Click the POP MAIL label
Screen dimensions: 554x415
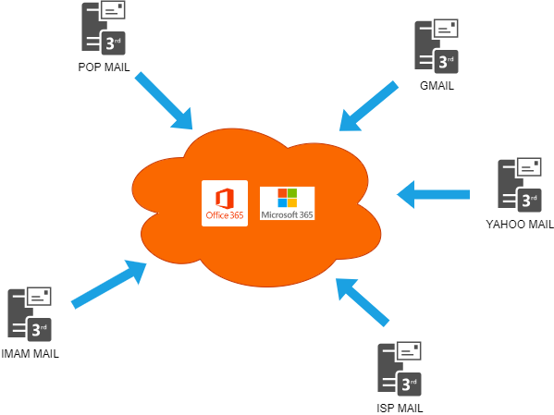pos(104,67)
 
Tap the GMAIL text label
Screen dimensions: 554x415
pos(437,86)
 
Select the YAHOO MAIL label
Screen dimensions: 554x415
pos(520,225)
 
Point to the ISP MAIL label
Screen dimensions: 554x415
pos(400,409)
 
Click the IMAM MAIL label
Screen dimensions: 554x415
pos(30,354)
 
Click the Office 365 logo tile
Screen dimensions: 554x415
pos(225,203)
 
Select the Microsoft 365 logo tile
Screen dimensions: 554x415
pos(288,203)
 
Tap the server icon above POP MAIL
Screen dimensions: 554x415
pos(104,29)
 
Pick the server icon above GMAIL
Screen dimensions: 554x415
pos(437,46)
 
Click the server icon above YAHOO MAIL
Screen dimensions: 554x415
pos(520,185)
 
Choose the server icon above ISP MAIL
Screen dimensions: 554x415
pos(400,369)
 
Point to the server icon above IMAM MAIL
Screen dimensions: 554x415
pos(30,314)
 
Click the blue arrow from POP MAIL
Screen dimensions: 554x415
pos(164,101)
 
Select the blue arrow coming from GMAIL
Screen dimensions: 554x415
pos(368,106)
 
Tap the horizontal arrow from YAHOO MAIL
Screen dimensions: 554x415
pos(433,195)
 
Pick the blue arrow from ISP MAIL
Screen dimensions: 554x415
pos(363,302)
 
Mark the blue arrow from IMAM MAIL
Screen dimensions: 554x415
pos(109,285)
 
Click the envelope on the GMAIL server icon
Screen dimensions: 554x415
pos(446,29)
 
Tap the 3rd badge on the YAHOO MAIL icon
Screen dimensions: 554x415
pos(530,200)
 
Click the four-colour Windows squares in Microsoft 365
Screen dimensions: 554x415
pos(288,198)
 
